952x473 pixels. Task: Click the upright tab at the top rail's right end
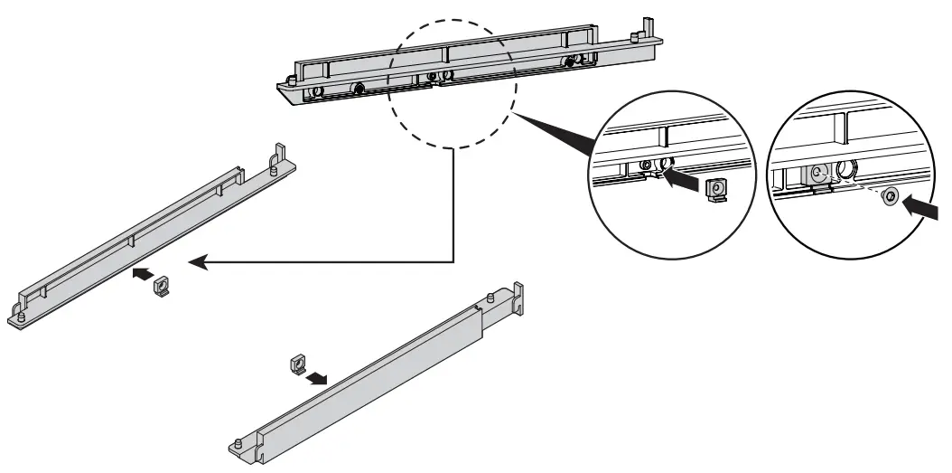647,26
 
